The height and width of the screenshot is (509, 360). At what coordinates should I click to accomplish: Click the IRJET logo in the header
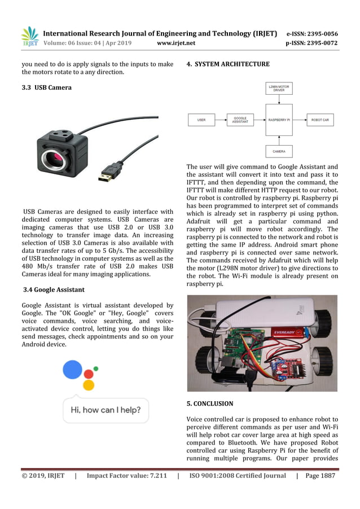pos(30,37)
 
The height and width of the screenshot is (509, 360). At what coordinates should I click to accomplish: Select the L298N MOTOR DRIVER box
pos(279,89)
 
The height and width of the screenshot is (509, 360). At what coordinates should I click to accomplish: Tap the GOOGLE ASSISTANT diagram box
pos(240,120)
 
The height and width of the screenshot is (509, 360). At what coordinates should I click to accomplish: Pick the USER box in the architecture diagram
pos(201,120)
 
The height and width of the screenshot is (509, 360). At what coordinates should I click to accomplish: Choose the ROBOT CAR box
pos(321,120)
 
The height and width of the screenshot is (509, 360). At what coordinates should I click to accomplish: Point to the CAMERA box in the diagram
pos(279,151)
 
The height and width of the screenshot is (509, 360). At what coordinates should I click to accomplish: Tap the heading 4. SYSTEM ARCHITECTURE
pos(228,64)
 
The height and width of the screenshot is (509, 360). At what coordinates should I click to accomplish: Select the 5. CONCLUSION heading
pos(209,404)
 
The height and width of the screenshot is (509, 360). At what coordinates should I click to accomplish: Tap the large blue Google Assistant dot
pos(73,370)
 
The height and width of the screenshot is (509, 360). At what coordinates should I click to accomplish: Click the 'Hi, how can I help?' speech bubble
pos(106,410)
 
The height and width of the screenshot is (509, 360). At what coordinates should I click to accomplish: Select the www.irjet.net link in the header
pos(176,43)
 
